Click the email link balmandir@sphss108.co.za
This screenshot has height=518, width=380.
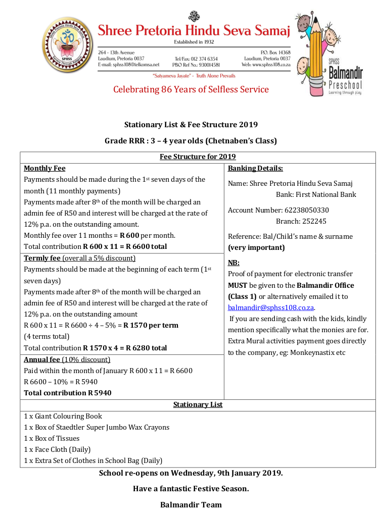click(x=271, y=307)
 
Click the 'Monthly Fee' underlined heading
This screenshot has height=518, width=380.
click(x=44, y=168)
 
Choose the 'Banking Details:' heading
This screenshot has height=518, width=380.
click(x=255, y=168)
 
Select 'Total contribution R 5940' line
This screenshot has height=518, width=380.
click(x=67, y=393)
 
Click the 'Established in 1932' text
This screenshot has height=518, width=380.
click(x=194, y=42)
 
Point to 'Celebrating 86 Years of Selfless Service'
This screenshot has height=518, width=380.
click(x=191, y=90)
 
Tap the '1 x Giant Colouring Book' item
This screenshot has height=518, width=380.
click(x=63, y=416)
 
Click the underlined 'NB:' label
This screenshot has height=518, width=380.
click(x=233, y=263)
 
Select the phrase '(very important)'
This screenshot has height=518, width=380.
click(x=256, y=247)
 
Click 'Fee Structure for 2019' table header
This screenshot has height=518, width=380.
click(x=198, y=157)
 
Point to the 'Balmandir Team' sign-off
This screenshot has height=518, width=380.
click(x=191, y=504)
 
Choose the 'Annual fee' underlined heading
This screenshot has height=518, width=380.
click(x=42, y=359)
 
